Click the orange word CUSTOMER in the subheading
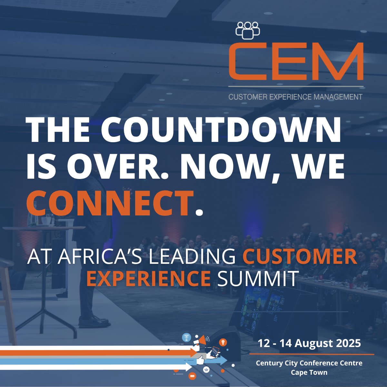[x=300, y=257]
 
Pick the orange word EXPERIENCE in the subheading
[x=148, y=279]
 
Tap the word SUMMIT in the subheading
[x=257, y=279]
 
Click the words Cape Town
[x=309, y=372]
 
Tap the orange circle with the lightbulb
[x=223, y=342]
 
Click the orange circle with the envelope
[x=193, y=376]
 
